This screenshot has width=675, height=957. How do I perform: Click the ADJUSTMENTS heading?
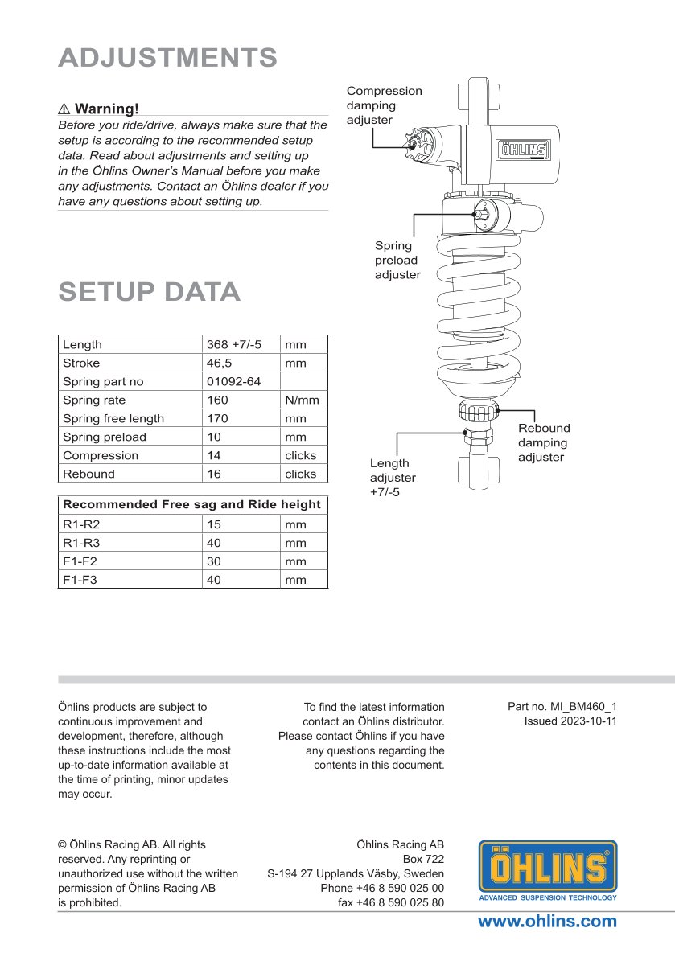pos(168,58)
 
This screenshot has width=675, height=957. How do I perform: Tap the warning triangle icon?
pos(64,109)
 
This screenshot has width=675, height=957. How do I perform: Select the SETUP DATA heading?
pos(150,292)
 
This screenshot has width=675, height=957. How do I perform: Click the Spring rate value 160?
pos(217,400)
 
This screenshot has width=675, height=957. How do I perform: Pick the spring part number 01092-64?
pos(234,381)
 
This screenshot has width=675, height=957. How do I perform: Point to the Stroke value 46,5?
pos(219,363)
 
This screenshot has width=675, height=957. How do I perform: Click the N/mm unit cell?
pos(303,400)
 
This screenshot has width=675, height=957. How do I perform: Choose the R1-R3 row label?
pos(81,543)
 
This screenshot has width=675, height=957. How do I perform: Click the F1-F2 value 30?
pos(214,561)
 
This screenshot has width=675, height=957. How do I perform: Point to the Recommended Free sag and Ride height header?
pos(191,505)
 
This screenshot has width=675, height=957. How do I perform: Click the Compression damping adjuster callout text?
pos(385,105)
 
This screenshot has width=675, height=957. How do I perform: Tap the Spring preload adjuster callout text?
pos(398,260)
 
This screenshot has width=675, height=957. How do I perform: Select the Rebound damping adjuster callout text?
pos(544,442)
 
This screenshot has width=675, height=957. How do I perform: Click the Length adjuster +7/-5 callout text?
pos(393,478)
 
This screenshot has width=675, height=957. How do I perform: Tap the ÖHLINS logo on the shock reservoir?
pos(524,150)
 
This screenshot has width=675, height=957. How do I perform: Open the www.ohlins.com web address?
pos(547,922)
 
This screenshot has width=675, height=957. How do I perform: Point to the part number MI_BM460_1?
pos(583,707)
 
